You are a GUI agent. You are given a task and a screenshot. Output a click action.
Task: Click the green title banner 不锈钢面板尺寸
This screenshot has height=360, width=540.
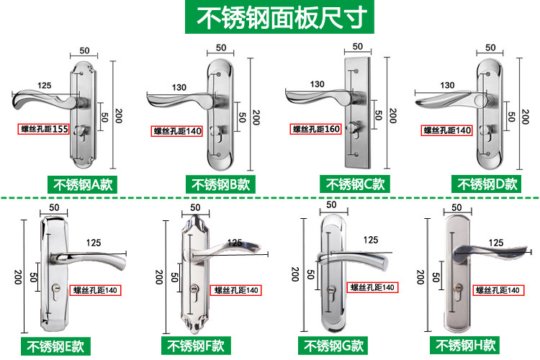click(x=269, y=17)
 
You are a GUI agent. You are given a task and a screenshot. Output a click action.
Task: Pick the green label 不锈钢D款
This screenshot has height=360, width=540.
click(x=487, y=184)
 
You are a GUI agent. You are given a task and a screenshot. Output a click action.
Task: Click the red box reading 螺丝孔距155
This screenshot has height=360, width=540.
click(x=44, y=130)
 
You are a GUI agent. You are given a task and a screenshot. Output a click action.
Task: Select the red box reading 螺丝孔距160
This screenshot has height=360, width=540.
click(x=315, y=130)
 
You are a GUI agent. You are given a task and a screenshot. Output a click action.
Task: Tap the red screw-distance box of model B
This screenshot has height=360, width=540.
click(x=178, y=131)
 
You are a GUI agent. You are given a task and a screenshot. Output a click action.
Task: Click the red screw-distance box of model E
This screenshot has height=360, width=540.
click(x=95, y=290)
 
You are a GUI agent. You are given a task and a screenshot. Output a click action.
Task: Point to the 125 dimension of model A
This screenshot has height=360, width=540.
click(x=44, y=86)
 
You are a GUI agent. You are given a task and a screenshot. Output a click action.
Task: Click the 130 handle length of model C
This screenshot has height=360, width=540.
click(x=317, y=84)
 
